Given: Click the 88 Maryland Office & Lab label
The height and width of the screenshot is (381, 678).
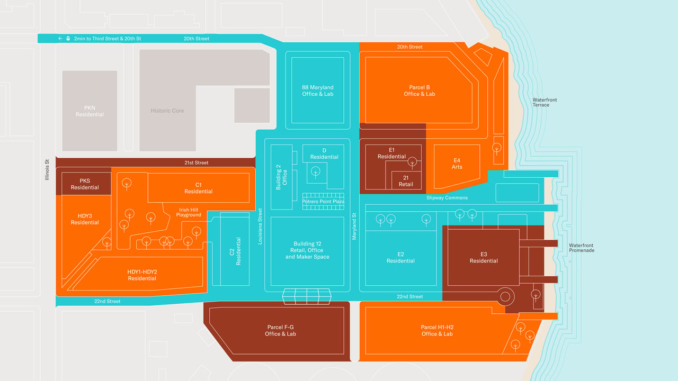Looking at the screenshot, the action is pyautogui.click(x=317, y=90).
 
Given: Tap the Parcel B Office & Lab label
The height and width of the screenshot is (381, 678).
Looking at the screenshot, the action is pyautogui.click(x=419, y=90).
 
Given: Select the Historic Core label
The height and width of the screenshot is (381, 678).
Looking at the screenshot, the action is pyautogui.click(x=167, y=111).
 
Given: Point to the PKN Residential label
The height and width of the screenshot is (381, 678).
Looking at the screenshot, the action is pyautogui.click(x=90, y=111).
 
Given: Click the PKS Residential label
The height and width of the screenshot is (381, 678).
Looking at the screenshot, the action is pyautogui.click(x=85, y=184).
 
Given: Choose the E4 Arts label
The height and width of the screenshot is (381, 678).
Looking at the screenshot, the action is pyautogui.click(x=457, y=164).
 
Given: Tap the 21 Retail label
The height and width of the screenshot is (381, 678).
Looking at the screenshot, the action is pyautogui.click(x=406, y=181).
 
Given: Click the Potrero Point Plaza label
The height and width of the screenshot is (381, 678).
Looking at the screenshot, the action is pyautogui.click(x=323, y=202).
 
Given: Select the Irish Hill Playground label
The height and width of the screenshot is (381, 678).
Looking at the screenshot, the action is pyautogui.click(x=189, y=212).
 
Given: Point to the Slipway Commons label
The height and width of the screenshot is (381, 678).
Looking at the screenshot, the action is pyautogui.click(x=447, y=198).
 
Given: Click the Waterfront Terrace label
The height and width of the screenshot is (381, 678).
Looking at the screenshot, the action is pyautogui.click(x=545, y=102).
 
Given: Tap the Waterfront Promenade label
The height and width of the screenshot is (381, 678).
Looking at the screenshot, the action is pyautogui.click(x=582, y=248).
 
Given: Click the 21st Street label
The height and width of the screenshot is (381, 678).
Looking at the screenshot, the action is pyautogui.click(x=197, y=162).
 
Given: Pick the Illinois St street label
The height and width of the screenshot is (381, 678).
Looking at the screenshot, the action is pyautogui.click(x=47, y=170).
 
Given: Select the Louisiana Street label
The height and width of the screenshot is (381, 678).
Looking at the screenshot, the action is pyautogui.click(x=260, y=226).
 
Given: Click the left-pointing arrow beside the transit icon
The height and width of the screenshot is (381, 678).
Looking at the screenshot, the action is pyautogui.click(x=60, y=39).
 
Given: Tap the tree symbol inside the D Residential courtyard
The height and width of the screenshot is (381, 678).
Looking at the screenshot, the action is pyautogui.click(x=315, y=172).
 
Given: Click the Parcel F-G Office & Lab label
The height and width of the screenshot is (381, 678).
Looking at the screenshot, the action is pyautogui.click(x=280, y=331).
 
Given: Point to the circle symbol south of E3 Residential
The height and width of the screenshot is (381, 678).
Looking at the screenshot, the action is pyautogui.click(x=505, y=297).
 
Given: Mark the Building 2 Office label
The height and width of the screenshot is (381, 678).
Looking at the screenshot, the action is pyautogui.click(x=281, y=177).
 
